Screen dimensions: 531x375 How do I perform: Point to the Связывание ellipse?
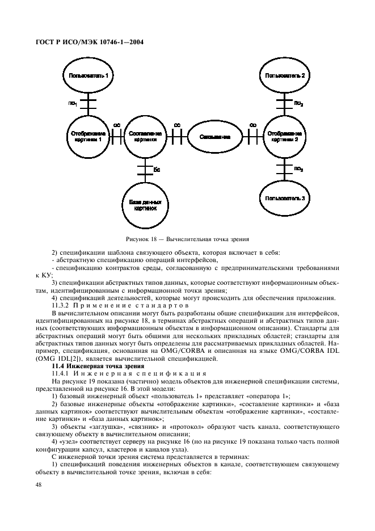(x=214, y=137)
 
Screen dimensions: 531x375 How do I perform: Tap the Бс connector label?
(x=157, y=169)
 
